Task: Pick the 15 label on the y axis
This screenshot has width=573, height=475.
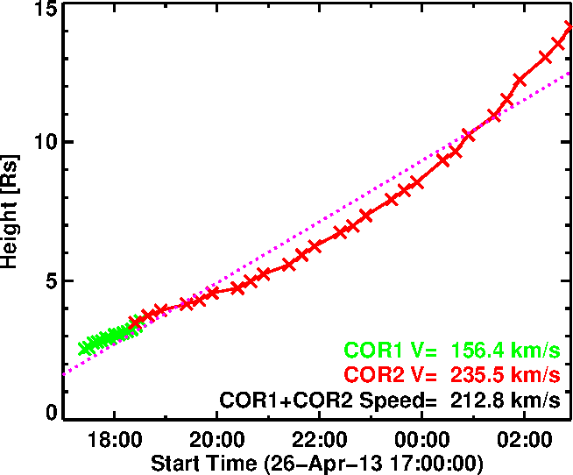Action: (46, 11)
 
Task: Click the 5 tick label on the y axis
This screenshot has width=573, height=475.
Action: (53, 281)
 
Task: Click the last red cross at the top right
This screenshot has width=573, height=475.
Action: (570, 28)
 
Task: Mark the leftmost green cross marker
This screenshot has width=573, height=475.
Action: (84, 348)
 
